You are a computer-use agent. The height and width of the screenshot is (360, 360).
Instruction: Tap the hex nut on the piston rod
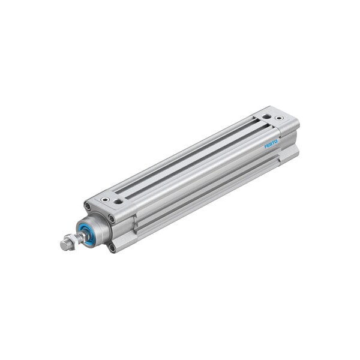tap(70, 243)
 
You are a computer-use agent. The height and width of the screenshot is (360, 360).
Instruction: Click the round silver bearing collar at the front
tap(96, 228)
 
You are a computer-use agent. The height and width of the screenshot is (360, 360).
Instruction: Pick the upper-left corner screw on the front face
tap(88, 207)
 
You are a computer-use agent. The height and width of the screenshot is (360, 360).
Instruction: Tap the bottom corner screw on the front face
tap(112, 247)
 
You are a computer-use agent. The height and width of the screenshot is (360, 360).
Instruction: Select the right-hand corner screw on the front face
tap(112, 219)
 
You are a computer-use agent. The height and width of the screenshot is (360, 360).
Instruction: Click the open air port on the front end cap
tap(118, 202)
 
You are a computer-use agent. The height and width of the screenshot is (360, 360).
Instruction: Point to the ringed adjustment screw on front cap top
tap(105, 199)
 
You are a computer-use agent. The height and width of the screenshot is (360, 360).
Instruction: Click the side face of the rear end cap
tap(289, 144)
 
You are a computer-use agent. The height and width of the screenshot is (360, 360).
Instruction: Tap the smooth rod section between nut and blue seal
tap(79, 238)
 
